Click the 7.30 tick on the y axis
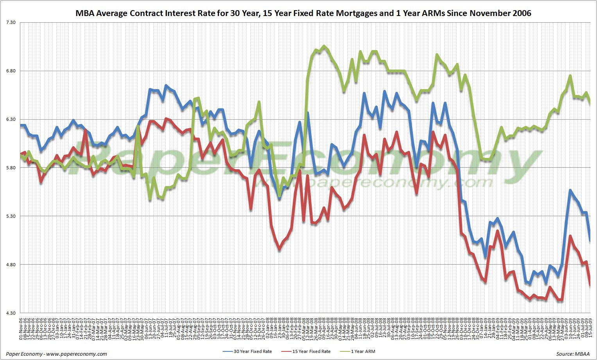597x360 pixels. [x=11, y=22]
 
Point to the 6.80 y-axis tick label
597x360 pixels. [x=11, y=71]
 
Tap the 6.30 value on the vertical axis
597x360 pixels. [x=11, y=119]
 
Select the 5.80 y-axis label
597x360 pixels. [x=11, y=168]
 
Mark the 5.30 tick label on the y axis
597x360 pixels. [x=11, y=216]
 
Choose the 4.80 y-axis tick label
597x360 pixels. [x=11, y=265]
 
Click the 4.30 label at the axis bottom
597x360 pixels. [x=11, y=313]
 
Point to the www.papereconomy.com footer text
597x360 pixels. [x=76, y=354]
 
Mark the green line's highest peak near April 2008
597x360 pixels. [x=324, y=46]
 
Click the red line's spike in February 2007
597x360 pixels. [x=85, y=130]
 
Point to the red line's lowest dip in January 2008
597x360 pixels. [x=279, y=249]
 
